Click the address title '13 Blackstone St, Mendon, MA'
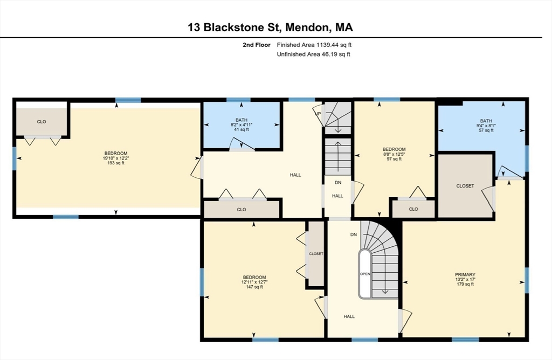(271, 27)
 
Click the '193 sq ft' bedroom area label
(115, 163)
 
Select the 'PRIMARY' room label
(465, 274)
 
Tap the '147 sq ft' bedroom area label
(253, 287)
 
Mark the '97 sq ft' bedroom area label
(394, 159)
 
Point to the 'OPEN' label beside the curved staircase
(365, 274)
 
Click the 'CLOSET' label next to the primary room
(465, 186)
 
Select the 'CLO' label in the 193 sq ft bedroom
(42, 122)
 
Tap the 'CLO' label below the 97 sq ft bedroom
(413, 209)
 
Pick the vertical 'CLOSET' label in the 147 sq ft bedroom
(316, 253)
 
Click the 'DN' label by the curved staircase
(354, 234)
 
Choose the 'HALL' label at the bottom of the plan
(349, 316)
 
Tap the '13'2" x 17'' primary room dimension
(465, 279)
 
